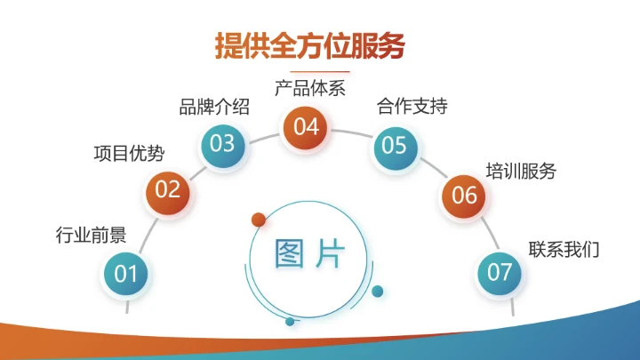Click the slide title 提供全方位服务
pyautogui.click(x=309, y=44)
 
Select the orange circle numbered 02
pyautogui.click(x=168, y=189)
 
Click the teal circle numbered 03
pyautogui.click(x=222, y=143)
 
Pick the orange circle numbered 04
pyautogui.click(x=306, y=127)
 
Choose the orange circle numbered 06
pyautogui.click(x=465, y=195)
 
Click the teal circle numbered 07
pyautogui.click(x=500, y=272)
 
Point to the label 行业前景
pyautogui.click(x=91, y=236)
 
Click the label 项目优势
pyautogui.click(x=129, y=153)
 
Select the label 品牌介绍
pyautogui.click(x=214, y=108)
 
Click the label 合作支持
pyautogui.click(x=412, y=108)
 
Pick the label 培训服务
pyautogui.click(x=521, y=171)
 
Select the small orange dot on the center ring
pyautogui.click(x=259, y=219)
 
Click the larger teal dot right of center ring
pyautogui.click(x=377, y=291)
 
